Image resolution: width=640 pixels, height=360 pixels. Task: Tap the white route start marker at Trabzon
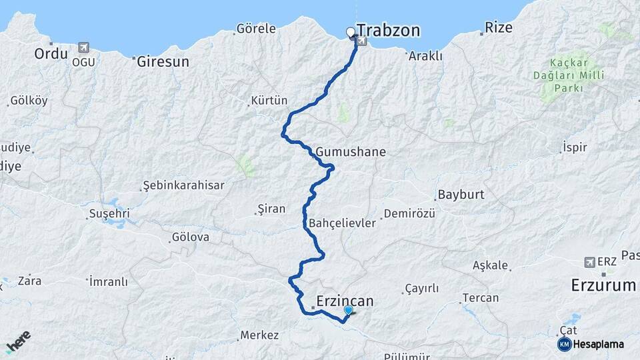(350, 31)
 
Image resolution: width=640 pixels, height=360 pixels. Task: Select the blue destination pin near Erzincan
(348, 311)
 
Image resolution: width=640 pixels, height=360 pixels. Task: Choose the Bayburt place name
(460, 196)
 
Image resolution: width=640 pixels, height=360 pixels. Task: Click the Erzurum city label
(603, 285)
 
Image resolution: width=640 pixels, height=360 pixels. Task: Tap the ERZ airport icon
(589, 262)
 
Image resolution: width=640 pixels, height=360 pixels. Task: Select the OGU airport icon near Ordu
(84, 48)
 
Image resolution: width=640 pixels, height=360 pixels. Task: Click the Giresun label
(163, 61)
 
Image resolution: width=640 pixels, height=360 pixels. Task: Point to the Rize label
(499, 28)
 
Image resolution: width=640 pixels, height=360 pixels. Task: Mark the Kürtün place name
(268, 101)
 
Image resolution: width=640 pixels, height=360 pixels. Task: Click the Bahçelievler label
(343, 223)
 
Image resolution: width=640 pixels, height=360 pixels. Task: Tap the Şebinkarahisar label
(184, 186)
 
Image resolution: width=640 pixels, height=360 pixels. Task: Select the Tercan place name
(479, 298)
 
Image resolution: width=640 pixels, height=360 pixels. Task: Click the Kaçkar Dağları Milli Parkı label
(568, 75)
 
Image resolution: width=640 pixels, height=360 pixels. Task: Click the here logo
(18, 341)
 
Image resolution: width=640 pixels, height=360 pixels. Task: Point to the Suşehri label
(109, 215)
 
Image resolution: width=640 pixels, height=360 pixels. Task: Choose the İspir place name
(575, 147)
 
